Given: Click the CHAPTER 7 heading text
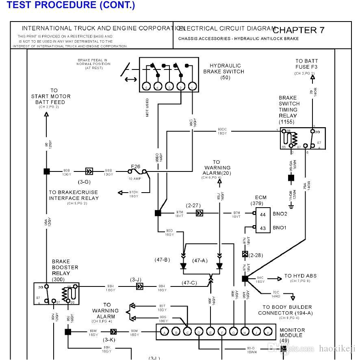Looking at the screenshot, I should point(299,30).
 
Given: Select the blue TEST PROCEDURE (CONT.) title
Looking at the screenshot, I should point(71,5).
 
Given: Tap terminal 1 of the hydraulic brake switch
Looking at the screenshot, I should point(193,87).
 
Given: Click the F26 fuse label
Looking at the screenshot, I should point(135,166).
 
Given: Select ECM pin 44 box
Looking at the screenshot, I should point(262,214).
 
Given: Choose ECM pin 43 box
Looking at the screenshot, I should point(262,228).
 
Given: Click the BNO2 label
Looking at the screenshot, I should point(280,214).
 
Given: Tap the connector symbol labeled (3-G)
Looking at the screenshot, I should point(89,171).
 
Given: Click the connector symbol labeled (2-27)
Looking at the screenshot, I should point(200,213).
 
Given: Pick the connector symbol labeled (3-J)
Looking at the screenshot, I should point(139,286).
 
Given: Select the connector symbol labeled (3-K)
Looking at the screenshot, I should point(114,332).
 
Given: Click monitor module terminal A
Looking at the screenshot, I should point(165,332).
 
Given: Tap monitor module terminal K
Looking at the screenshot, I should point(268,332).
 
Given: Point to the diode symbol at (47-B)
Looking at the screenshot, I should point(183,266).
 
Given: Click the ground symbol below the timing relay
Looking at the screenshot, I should point(291,206).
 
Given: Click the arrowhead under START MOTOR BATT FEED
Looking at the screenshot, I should point(47,115).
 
